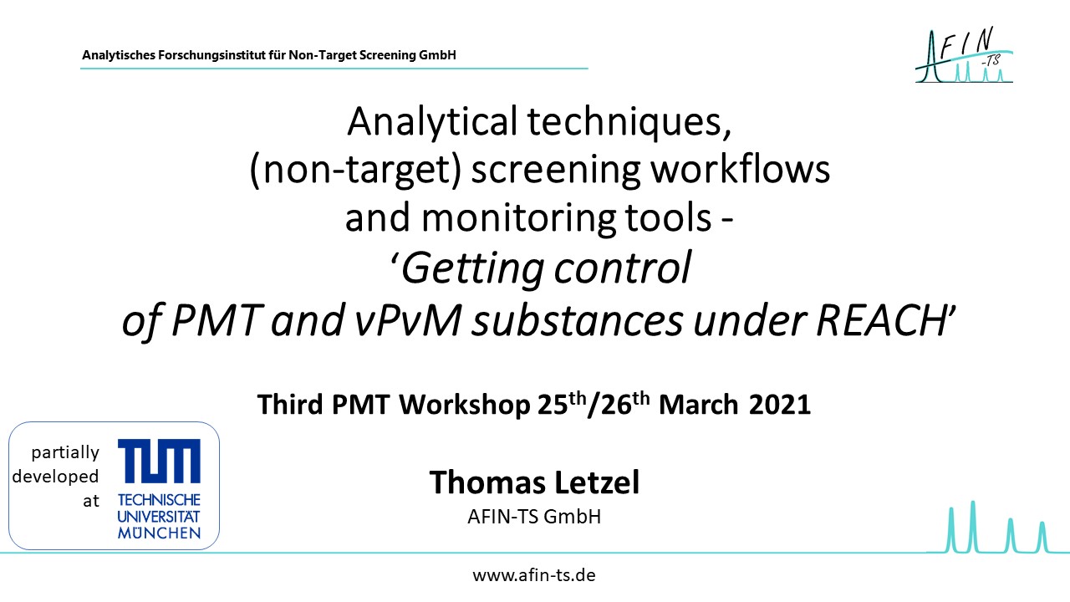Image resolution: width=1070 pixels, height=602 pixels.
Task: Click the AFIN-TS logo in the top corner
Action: point(964,54)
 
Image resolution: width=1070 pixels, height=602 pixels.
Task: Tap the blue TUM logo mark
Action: point(159,461)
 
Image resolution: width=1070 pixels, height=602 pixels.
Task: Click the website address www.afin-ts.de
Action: point(534,575)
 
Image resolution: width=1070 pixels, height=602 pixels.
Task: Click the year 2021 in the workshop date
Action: point(780,405)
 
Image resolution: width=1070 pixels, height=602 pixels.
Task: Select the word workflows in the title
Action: point(741,169)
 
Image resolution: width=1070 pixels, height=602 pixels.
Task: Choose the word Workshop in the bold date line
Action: point(464,406)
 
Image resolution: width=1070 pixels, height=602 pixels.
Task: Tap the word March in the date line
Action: point(698,405)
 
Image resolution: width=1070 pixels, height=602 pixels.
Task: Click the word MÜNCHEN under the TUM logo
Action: point(159,533)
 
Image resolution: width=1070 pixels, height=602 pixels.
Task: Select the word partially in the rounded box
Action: point(65,453)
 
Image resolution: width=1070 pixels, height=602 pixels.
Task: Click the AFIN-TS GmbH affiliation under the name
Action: point(534,517)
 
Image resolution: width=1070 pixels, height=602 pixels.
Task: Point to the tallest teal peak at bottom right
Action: point(972,526)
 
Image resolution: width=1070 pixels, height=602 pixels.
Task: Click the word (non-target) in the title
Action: point(355,170)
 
